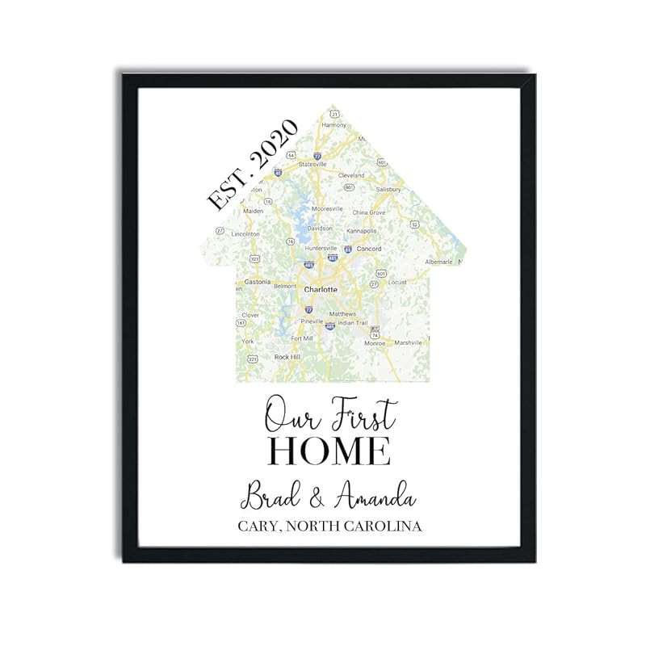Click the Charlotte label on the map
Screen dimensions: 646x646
click(321, 288)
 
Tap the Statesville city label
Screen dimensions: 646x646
click(313, 164)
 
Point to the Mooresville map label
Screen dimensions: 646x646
click(328, 208)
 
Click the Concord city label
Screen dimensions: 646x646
click(368, 249)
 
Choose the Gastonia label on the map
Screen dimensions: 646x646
click(257, 282)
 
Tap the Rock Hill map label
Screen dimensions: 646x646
click(287, 357)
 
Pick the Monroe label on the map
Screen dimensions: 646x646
click(375, 343)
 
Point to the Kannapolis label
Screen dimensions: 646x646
click(361, 231)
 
